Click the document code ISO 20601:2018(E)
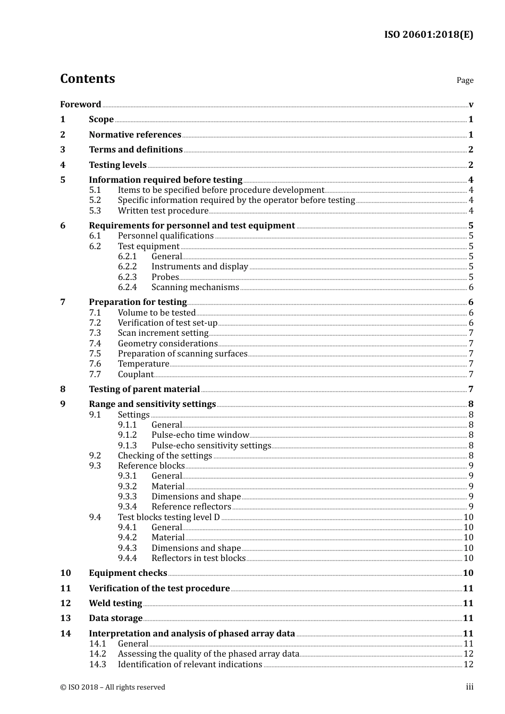[428, 35]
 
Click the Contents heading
[87, 79]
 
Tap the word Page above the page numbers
[465, 80]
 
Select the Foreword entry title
[80, 105]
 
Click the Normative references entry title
[135, 135]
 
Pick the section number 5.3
[95, 210]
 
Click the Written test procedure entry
[163, 210]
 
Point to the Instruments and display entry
[199, 267]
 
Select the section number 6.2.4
[127, 287]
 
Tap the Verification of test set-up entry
[167, 323]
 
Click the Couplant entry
[136, 375]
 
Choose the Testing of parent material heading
[144, 389]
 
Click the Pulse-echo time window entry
[200, 435]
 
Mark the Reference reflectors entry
[191, 507]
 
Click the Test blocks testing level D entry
[169, 517]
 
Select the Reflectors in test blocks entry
[198, 558]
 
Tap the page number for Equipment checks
[468, 573]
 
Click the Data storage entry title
[115, 618]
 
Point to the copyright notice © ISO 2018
[112, 687]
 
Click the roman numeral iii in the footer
[469, 687]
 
